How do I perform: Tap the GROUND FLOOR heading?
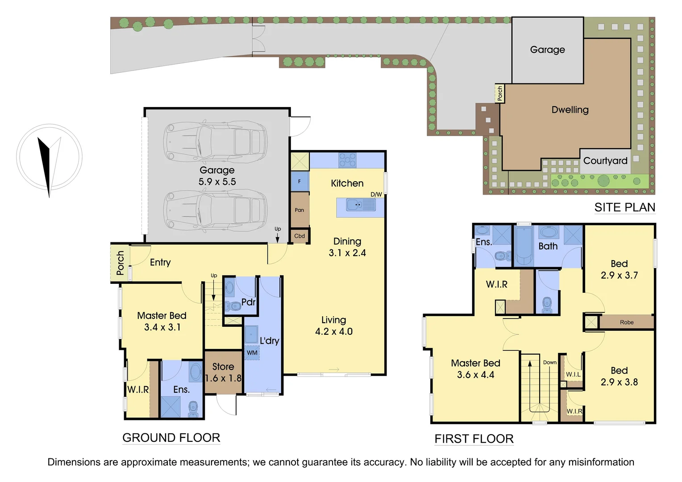[x=171, y=438]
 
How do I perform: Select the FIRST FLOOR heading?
[x=474, y=439]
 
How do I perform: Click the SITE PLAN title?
[x=624, y=208]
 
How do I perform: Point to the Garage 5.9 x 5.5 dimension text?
[x=217, y=182]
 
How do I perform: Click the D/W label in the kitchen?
[x=376, y=195]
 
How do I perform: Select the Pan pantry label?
[x=299, y=210]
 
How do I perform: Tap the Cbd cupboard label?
[x=299, y=236]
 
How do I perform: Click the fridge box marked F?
[x=299, y=181]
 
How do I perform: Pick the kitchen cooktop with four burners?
[x=347, y=160]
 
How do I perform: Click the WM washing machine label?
[x=252, y=353]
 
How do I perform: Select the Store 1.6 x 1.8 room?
[x=223, y=372]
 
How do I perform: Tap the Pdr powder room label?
[x=248, y=302]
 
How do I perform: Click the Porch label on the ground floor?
[x=120, y=263]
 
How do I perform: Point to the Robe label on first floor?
[x=626, y=322]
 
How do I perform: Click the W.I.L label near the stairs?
[x=573, y=374]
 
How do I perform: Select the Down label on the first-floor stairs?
[x=549, y=362]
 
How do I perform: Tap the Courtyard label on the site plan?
[x=605, y=161]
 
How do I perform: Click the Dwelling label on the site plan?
[x=570, y=110]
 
